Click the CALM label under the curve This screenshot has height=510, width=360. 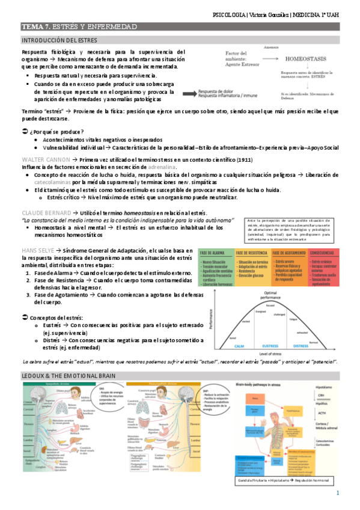click(x=240, y=346)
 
